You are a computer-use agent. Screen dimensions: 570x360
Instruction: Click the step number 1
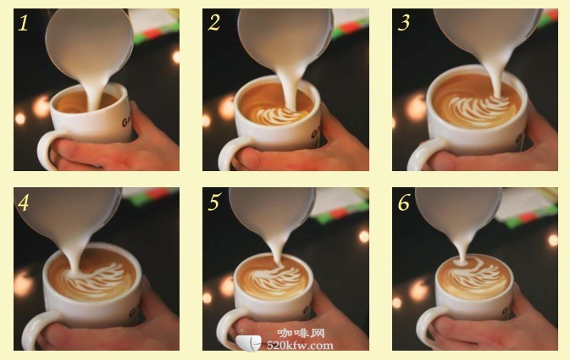[23, 23]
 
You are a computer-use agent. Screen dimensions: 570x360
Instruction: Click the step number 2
[213, 23]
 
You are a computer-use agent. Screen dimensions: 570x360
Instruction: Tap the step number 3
[404, 23]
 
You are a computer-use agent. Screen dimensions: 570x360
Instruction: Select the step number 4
[23, 203]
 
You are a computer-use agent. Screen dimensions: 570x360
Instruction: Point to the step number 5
[214, 202]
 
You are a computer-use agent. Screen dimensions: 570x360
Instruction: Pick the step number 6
[404, 202]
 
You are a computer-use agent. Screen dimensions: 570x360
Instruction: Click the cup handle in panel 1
[43, 149]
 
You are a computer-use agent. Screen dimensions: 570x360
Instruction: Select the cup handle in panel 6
[423, 327]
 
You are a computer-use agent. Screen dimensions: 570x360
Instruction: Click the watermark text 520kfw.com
[300, 345]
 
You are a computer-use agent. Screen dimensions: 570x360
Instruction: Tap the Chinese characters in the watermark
[301, 333]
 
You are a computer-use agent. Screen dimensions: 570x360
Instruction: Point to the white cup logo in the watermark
[248, 342]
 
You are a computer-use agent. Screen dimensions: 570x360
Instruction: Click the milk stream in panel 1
[93, 91]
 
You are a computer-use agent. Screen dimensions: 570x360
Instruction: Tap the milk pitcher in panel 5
[271, 214]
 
